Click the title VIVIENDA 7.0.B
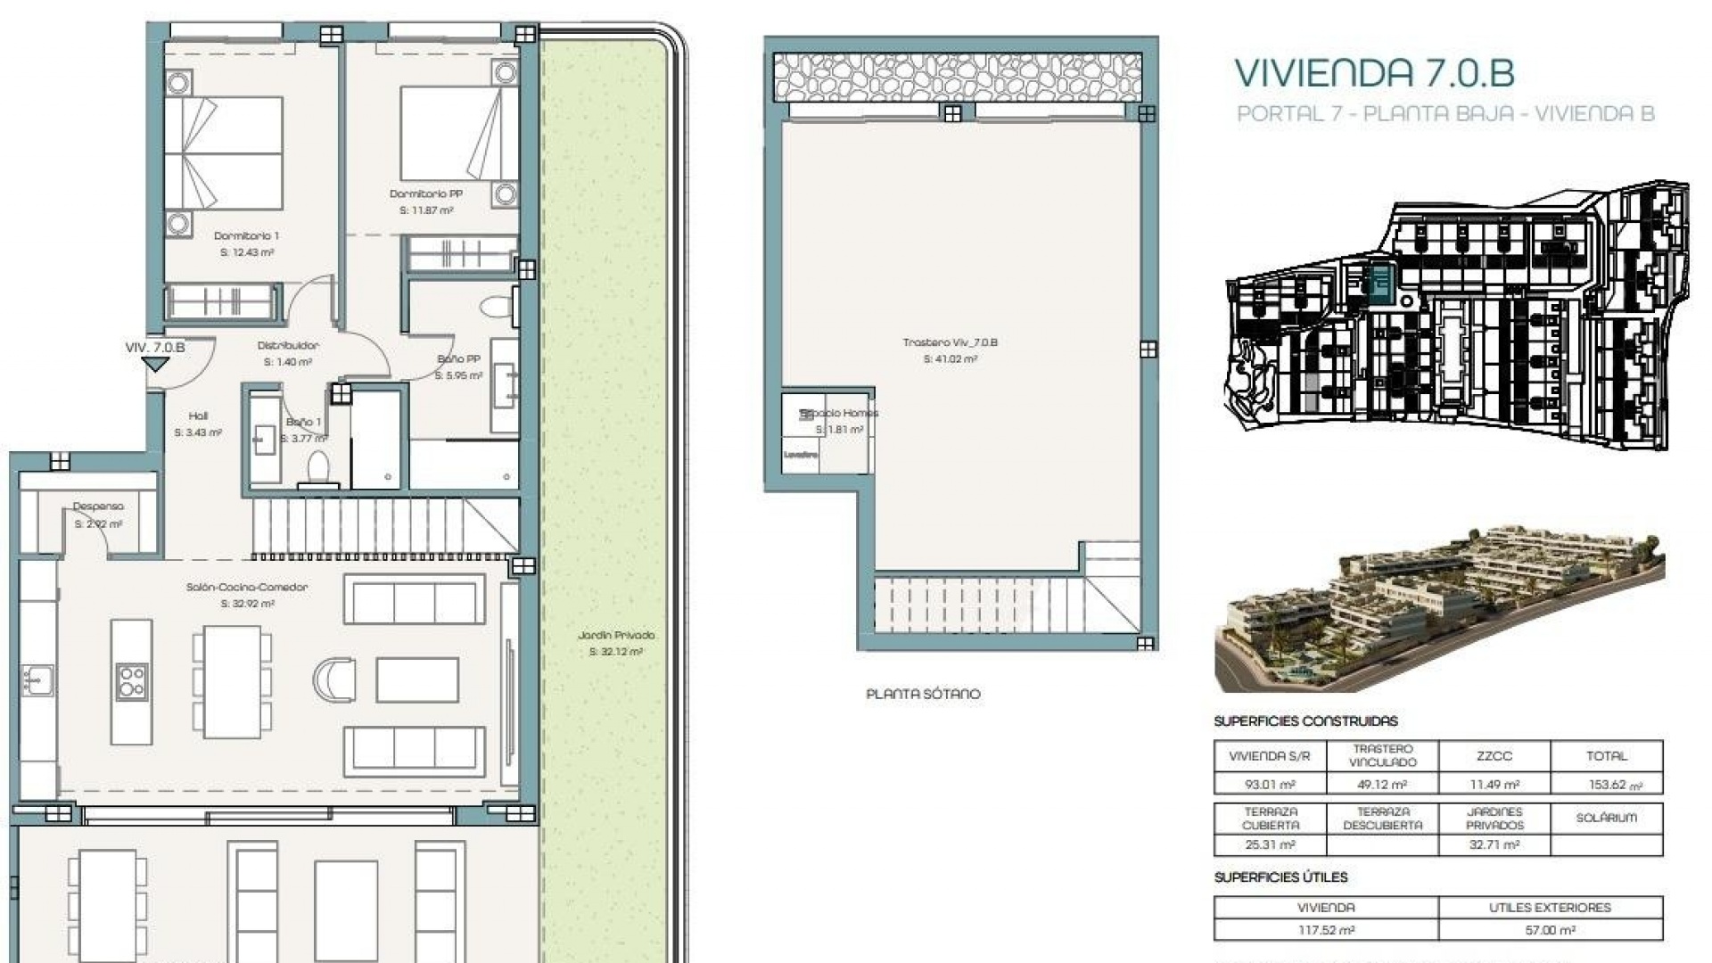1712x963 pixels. pyautogui.click(x=1373, y=73)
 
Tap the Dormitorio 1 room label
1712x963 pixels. pyautogui.click(x=246, y=236)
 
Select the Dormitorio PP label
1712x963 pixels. pyautogui.click(x=425, y=194)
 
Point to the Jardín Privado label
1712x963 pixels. pyautogui.click(x=615, y=636)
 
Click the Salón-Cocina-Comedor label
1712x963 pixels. pyautogui.click(x=247, y=588)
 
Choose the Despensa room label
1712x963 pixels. pyautogui.click(x=98, y=506)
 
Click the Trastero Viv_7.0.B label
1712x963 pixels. pyautogui.click(x=950, y=342)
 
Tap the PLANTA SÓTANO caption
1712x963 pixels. pyautogui.click(x=923, y=694)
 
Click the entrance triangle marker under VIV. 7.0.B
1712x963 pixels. pyautogui.click(x=156, y=365)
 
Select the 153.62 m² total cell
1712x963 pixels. pyautogui.click(x=1607, y=785)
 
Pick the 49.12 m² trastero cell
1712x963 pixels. pyautogui.click(x=1382, y=785)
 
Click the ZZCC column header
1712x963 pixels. pyautogui.click(x=1494, y=756)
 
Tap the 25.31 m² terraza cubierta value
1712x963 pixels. pyautogui.click(x=1270, y=844)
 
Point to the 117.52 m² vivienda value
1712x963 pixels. pyautogui.click(x=1326, y=930)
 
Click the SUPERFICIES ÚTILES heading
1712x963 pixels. pyautogui.click(x=1280, y=878)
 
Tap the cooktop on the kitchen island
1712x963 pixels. pyautogui.click(x=131, y=681)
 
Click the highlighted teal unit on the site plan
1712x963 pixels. pyautogui.click(x=1380, y=284)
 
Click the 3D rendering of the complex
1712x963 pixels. pyautogui.click(x=1439, y=612)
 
